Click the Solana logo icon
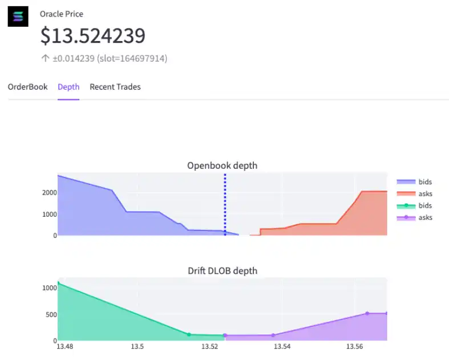pos(18,17)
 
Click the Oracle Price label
pos(61,14)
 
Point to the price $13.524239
pos(92,36)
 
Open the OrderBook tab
pos(27,87)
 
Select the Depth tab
pos(68,87)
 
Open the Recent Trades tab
pos(115,87)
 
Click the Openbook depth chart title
pos(222,165)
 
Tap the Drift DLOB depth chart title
pos(222,270)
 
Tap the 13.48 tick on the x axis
pos(65,346)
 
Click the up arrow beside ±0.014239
pos(45,58)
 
